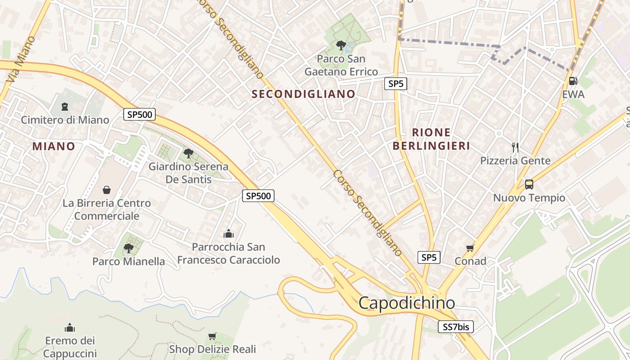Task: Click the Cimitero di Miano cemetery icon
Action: pos(65,107)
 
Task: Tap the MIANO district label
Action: pos(54,146)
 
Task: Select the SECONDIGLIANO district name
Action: pos(304,94)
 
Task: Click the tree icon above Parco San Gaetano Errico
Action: pos(341,45)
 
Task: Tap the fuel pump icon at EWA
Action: pos(573,81)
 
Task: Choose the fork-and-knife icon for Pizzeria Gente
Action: pos(515,147)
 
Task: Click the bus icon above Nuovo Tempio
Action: pos(529,184)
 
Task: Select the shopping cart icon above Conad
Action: pos(470,248)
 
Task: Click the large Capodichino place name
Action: pos(407,303)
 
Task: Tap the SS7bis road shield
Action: pos(456,327)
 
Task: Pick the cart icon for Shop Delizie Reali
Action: pos(212,336)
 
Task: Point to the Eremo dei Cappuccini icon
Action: pos(69,328)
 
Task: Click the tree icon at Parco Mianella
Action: pos(128,248)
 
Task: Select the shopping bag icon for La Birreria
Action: pos(107,190)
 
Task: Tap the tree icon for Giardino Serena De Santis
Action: pos(188,153)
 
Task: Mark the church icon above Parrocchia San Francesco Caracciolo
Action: pos(229,234)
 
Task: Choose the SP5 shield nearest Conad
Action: pos(429,257)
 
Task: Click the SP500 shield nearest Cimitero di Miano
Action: pos(139,114)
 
